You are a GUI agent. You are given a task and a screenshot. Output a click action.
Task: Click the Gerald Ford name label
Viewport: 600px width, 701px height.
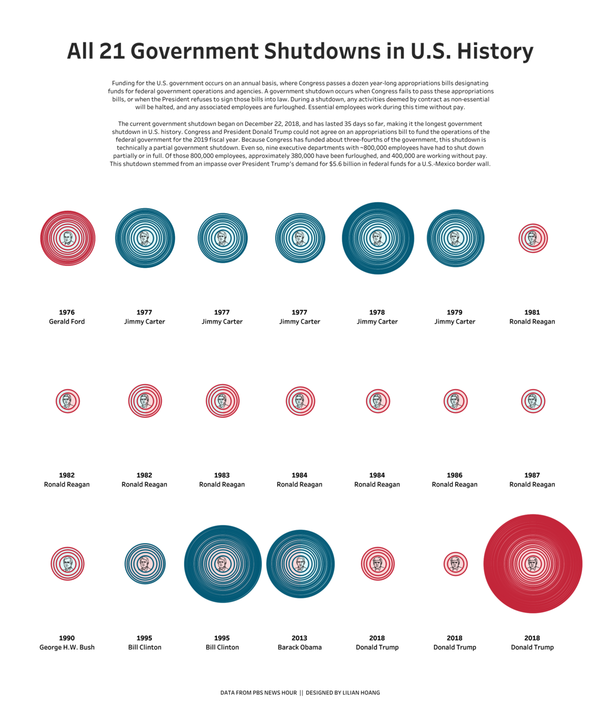click(x=67, y=321)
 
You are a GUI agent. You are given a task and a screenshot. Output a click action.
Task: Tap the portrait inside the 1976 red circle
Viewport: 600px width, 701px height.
click(x=67, y=238)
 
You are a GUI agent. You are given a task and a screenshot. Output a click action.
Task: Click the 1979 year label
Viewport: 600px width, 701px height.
click(x=454, y=312)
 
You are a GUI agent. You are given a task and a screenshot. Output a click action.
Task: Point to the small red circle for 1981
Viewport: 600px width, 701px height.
click(x=533, y=238)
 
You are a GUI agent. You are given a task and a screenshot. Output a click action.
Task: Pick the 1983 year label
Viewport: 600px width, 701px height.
click(x=222, y=475)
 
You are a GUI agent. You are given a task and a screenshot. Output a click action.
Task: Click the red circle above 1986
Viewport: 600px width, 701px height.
click(x=455, y=401)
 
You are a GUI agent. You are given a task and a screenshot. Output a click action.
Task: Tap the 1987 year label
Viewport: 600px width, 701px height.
click(x=532, y=475)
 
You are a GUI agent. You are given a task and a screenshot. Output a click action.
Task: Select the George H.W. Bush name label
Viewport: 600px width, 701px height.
click(x=67, y=647)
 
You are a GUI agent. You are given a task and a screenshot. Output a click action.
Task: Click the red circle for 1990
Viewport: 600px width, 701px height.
click(x=67, y=563)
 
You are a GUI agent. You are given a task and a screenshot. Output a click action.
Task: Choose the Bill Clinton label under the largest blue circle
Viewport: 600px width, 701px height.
click(x=222, y=647)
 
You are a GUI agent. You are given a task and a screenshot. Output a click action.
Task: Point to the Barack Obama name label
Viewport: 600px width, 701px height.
click(x=300, y=647)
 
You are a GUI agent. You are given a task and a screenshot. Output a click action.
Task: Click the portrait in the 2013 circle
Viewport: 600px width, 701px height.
click(x=300, y=563)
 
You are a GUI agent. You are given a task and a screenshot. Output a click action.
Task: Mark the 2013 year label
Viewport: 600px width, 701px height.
click(x=299, y=638)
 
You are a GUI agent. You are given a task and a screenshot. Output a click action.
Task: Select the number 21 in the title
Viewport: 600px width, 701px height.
click(x=112, y=51)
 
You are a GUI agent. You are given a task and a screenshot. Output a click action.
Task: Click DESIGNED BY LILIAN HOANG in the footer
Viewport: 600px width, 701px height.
click(x=343, y=693)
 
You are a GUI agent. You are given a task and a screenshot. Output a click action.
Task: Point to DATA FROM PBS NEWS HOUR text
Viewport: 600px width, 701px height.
click(x=258, y=693)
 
